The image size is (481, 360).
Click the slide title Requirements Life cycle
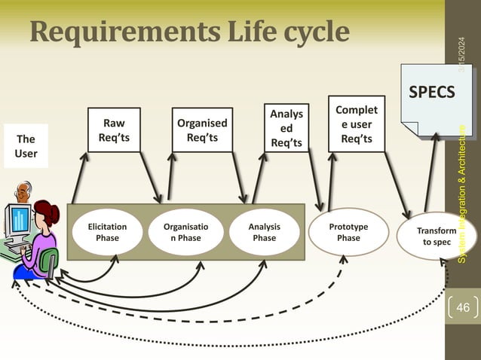point(190,31)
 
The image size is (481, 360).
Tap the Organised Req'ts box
point(202,130)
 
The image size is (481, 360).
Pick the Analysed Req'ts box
point(286,128)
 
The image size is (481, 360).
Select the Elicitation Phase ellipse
point(107,232)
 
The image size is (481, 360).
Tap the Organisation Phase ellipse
point(186,232)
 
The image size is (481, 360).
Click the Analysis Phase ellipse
point(264,232)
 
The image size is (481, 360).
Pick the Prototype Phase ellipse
point(348,232)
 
